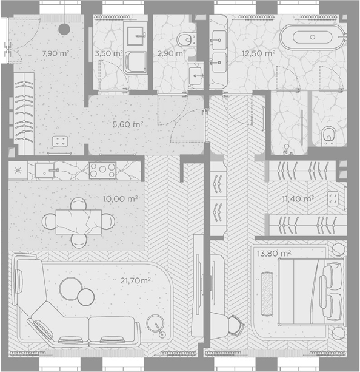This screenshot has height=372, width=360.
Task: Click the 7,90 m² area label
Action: (56, 53)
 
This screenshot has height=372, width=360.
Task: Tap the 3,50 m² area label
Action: (108, 53)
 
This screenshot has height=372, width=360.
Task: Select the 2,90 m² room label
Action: (171, 53)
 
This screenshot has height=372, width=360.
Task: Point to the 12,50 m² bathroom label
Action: (258, 53)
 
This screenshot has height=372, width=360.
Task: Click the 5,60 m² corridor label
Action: (127, 124)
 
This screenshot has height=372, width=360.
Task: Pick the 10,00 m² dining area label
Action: (121, 199)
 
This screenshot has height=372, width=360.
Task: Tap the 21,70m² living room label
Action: (135, 281)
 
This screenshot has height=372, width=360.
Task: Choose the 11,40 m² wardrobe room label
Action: (298, 199)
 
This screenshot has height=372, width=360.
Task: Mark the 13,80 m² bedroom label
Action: (274, 254)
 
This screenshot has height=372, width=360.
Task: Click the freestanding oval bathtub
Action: (312, 37)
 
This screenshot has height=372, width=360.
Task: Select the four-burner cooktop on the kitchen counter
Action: (102, 170)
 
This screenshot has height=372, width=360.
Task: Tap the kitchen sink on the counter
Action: (45, 170)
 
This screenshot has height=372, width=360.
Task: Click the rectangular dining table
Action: (79, 222)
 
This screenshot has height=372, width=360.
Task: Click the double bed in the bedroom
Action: (311, 291)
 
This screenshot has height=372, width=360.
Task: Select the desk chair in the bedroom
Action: (236, 325)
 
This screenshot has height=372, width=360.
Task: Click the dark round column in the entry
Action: (64, 29)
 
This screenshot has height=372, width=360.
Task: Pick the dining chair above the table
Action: (79, 204)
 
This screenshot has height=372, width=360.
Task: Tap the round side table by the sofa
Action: (155, 323)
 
